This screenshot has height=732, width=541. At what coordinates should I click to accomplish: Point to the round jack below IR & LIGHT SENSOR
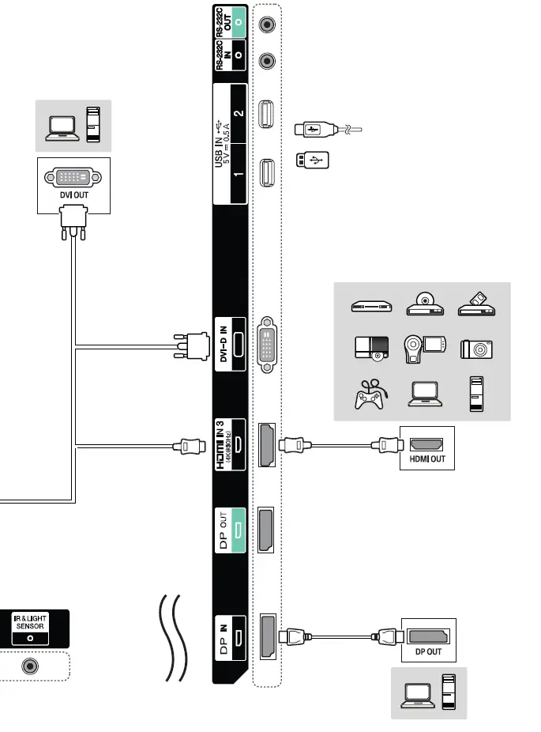pyautogui.click(x=31, y=666)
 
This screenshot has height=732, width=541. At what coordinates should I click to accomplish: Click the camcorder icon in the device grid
pyautogui.click(x=423, y=348)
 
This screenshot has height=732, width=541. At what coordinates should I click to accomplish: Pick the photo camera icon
pyautogui.click(x=477, y=349)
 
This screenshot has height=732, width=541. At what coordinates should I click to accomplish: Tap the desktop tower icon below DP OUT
pyautogui.click(x=447, y=692)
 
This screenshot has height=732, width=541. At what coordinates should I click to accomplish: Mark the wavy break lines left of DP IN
pyautogui.click(x=171, y=637)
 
